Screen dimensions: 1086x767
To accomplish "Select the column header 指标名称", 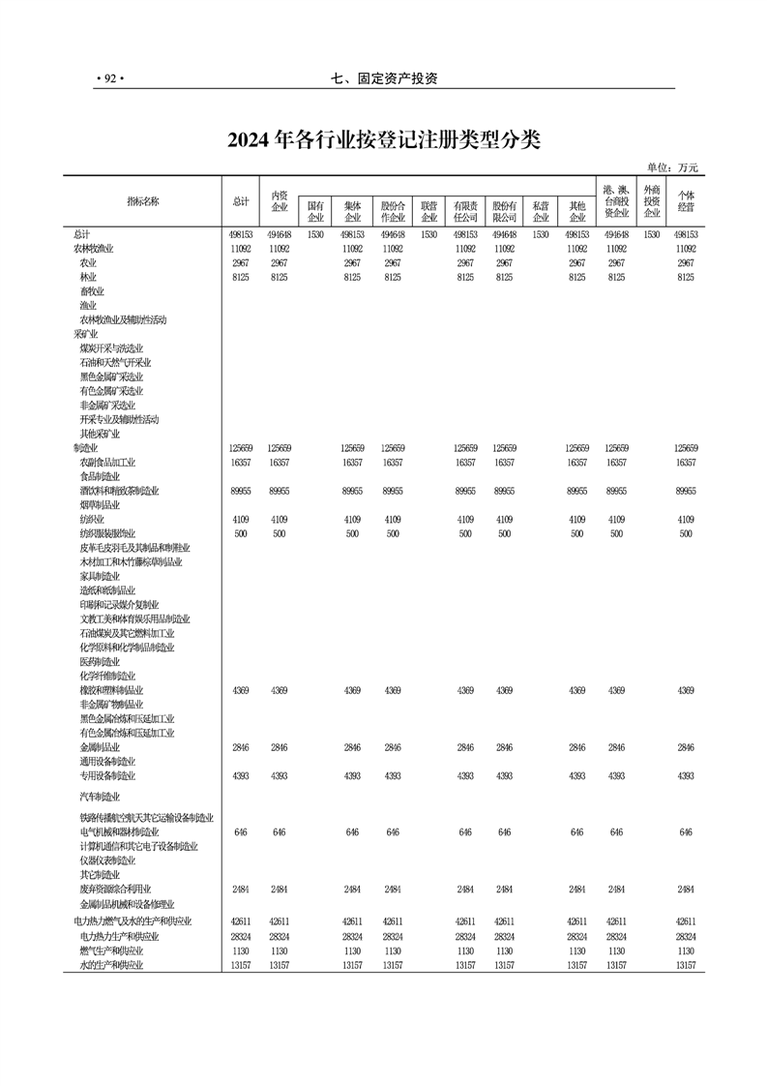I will [x=142, y=201].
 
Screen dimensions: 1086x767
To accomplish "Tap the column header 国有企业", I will [x=315, y=212].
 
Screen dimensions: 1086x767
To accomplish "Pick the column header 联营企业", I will [x=428, y=212].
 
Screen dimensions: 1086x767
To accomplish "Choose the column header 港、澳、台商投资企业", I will [x=616, y=200].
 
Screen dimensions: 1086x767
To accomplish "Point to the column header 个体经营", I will [x=686, y=200].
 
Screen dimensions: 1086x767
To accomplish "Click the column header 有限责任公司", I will [x=465, y=212].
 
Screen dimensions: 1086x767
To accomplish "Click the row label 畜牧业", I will [x=92, y=291].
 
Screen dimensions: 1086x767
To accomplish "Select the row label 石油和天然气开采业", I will [x=115, y=362].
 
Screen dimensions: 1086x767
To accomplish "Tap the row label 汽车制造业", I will [x=100, y=797].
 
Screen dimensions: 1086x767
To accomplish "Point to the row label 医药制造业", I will [x=100, y=662].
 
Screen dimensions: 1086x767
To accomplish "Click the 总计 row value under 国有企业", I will [x=315, y=234].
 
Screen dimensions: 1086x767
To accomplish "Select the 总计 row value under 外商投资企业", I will [x=652, y=234].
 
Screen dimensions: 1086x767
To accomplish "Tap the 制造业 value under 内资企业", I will [x=279, y=448].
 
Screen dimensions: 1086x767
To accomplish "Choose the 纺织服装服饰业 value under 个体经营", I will [x=686, y=533].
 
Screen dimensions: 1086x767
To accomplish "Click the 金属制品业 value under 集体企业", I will [x=352, y=747].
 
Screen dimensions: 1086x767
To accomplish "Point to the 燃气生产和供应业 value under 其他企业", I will [x=577, y=950].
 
